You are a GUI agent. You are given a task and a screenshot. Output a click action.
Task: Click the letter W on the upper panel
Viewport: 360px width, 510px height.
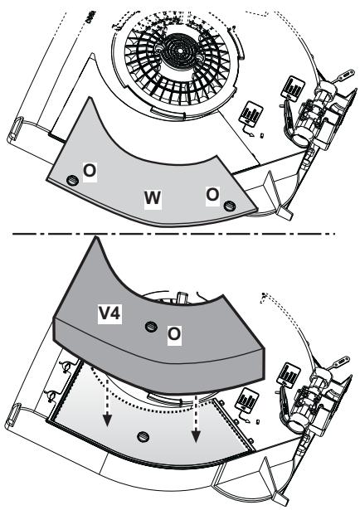point(153,197)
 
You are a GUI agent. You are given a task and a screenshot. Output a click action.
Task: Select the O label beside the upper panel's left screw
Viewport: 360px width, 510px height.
point(90,171)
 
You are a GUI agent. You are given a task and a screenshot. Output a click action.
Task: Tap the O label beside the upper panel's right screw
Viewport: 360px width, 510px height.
point(212,195)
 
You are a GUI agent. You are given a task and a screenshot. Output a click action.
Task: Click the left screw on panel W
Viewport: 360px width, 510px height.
point(72,180)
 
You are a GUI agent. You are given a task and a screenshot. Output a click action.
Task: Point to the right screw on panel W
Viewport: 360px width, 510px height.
point(230,206)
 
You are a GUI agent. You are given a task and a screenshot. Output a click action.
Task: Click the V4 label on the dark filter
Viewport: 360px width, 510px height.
point(110,313)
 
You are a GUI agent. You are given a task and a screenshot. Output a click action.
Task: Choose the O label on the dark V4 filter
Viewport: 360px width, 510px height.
point(174,334)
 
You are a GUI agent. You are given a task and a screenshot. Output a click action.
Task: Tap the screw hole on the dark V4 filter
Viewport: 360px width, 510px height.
point(151,326)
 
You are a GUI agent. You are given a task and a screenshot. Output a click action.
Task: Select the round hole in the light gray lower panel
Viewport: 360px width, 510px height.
point(144,437)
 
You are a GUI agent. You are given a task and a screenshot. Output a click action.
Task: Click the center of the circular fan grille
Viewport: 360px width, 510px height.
point(180,51)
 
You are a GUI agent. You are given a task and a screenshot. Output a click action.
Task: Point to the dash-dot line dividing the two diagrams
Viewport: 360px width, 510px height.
point(173,234)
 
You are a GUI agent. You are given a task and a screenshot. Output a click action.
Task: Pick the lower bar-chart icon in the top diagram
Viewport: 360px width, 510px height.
point(251,113)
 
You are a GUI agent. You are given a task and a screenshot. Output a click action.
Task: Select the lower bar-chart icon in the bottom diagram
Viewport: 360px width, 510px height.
point(248,401)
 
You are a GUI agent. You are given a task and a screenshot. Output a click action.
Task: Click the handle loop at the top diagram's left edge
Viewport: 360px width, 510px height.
point(14,129)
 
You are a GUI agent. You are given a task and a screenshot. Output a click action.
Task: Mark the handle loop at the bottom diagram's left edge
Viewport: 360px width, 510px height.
point(13,415)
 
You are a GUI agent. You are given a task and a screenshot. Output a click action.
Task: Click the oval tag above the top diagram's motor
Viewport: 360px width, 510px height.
point(345,74)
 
